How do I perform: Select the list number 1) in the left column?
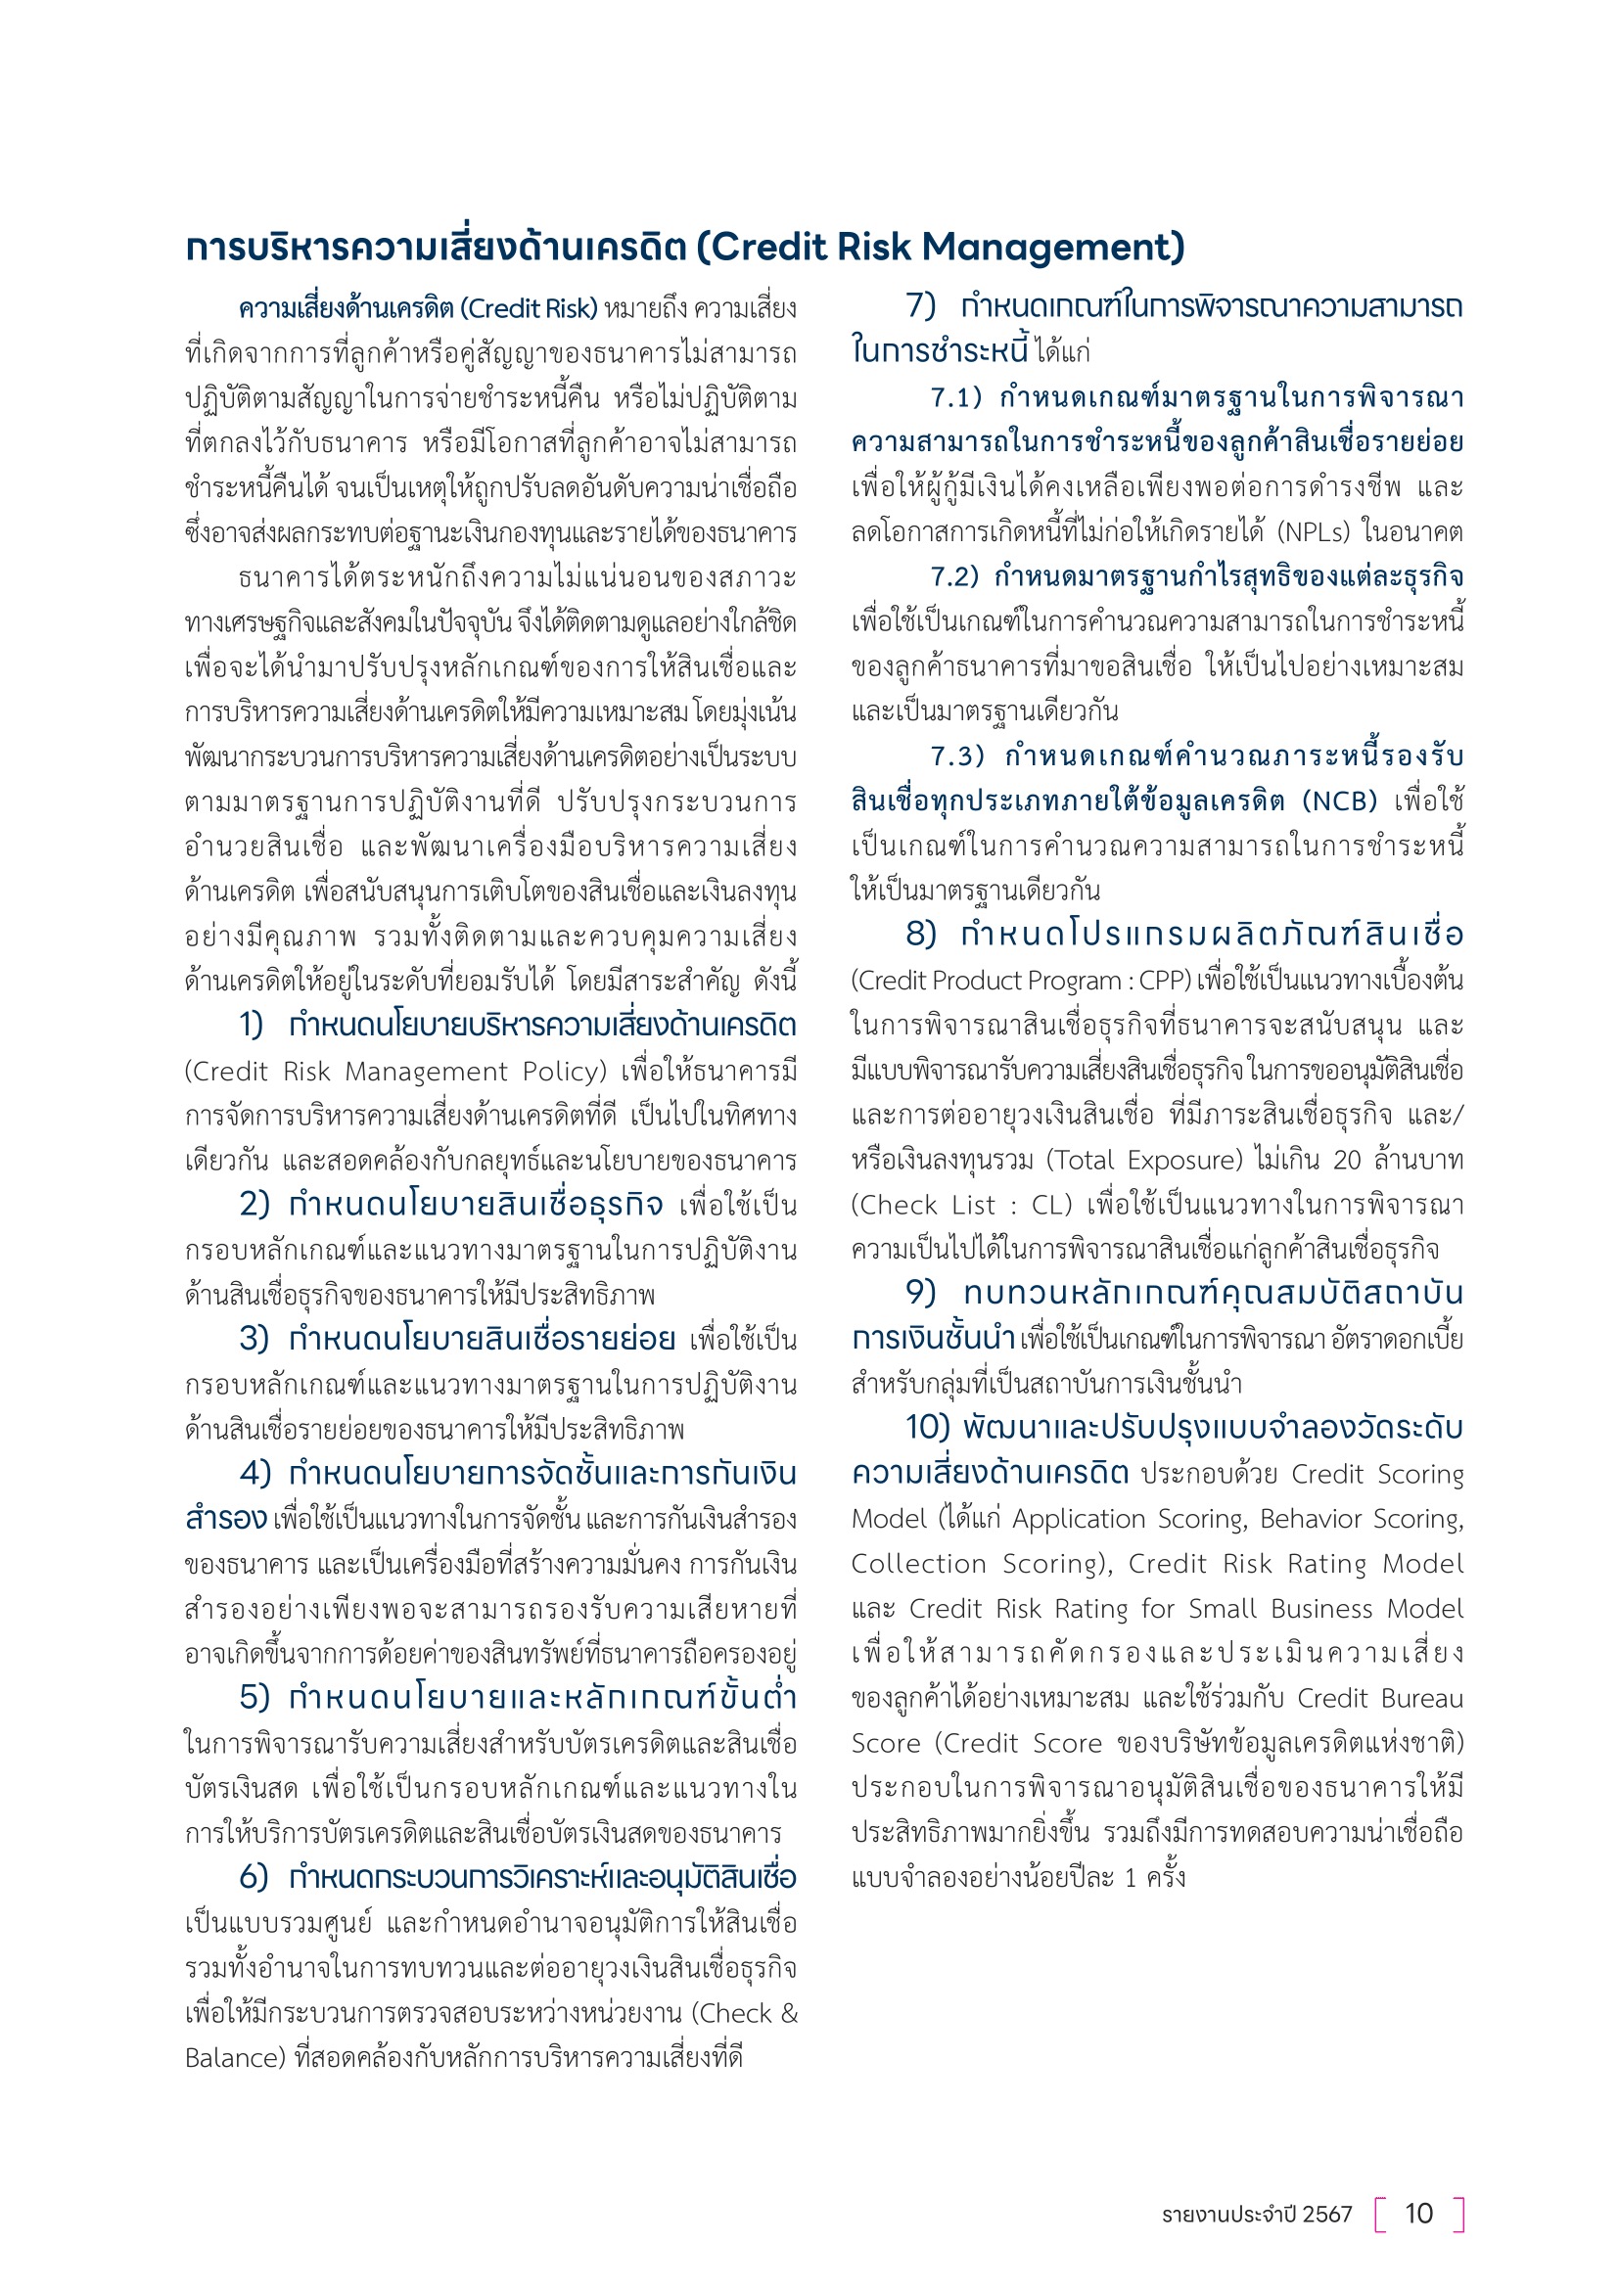252,1025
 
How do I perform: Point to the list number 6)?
254,1877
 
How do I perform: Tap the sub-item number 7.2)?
955,576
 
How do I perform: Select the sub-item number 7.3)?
957,755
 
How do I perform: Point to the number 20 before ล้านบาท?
1346,1160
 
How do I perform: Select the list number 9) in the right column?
920,1293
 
